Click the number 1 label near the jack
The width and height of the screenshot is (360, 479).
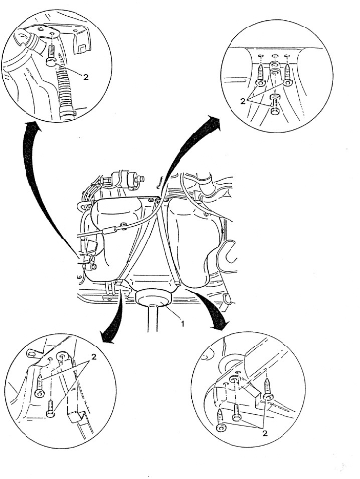tap(182, 324)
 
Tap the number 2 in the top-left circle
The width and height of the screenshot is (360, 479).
tap(86, 77)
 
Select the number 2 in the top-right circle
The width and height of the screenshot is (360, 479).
tap(243, 101)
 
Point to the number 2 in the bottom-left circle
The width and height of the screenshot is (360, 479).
tap(94, 357)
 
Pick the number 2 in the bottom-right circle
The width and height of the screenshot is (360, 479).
tap(265, 434)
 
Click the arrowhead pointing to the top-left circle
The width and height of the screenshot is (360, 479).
tap(33, 126)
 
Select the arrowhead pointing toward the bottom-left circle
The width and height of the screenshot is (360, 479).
tap(108, 337)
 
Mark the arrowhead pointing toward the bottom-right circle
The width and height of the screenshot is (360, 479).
tap(219, 323)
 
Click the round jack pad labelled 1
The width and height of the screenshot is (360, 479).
tap(154, 297)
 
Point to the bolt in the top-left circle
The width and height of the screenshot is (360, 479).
tap(52, 56)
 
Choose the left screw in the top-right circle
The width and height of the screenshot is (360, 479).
tap(261, 75)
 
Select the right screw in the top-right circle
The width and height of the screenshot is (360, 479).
tap(288, 75)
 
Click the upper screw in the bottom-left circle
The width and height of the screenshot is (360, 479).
tap(40, 386)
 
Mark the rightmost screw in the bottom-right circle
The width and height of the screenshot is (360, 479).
tap(269, 390)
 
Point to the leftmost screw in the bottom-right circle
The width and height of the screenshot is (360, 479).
tap(220, 421)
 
